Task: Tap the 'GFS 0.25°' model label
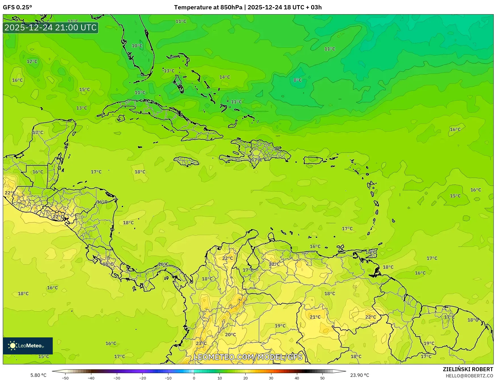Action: tap(18, 7)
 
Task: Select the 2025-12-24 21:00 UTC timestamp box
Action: tap(51, 28)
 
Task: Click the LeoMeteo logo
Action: tap(28, 346)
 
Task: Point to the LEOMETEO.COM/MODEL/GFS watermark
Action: tap(248, 357)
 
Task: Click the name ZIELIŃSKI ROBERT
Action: tap(468, 369)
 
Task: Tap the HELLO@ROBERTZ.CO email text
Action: tap(469, 376)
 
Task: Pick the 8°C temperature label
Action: tap(297, 80)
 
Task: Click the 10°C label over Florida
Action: tap(137, 46)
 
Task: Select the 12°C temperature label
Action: tap(32, 61)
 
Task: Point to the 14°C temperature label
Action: tap(225, 77)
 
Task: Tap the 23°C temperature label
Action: tap(201, 343)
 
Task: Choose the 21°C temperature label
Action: tap(315, 317)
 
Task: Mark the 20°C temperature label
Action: tap(231, 335)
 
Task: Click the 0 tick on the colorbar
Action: tap(194, 378)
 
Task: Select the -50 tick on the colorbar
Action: tap(65, 378)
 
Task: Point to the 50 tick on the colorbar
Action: tap(322, 378)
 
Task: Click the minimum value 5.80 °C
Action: tap(38, 375)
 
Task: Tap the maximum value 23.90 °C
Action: tap(360, 375)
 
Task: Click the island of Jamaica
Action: tap(186, 162)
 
